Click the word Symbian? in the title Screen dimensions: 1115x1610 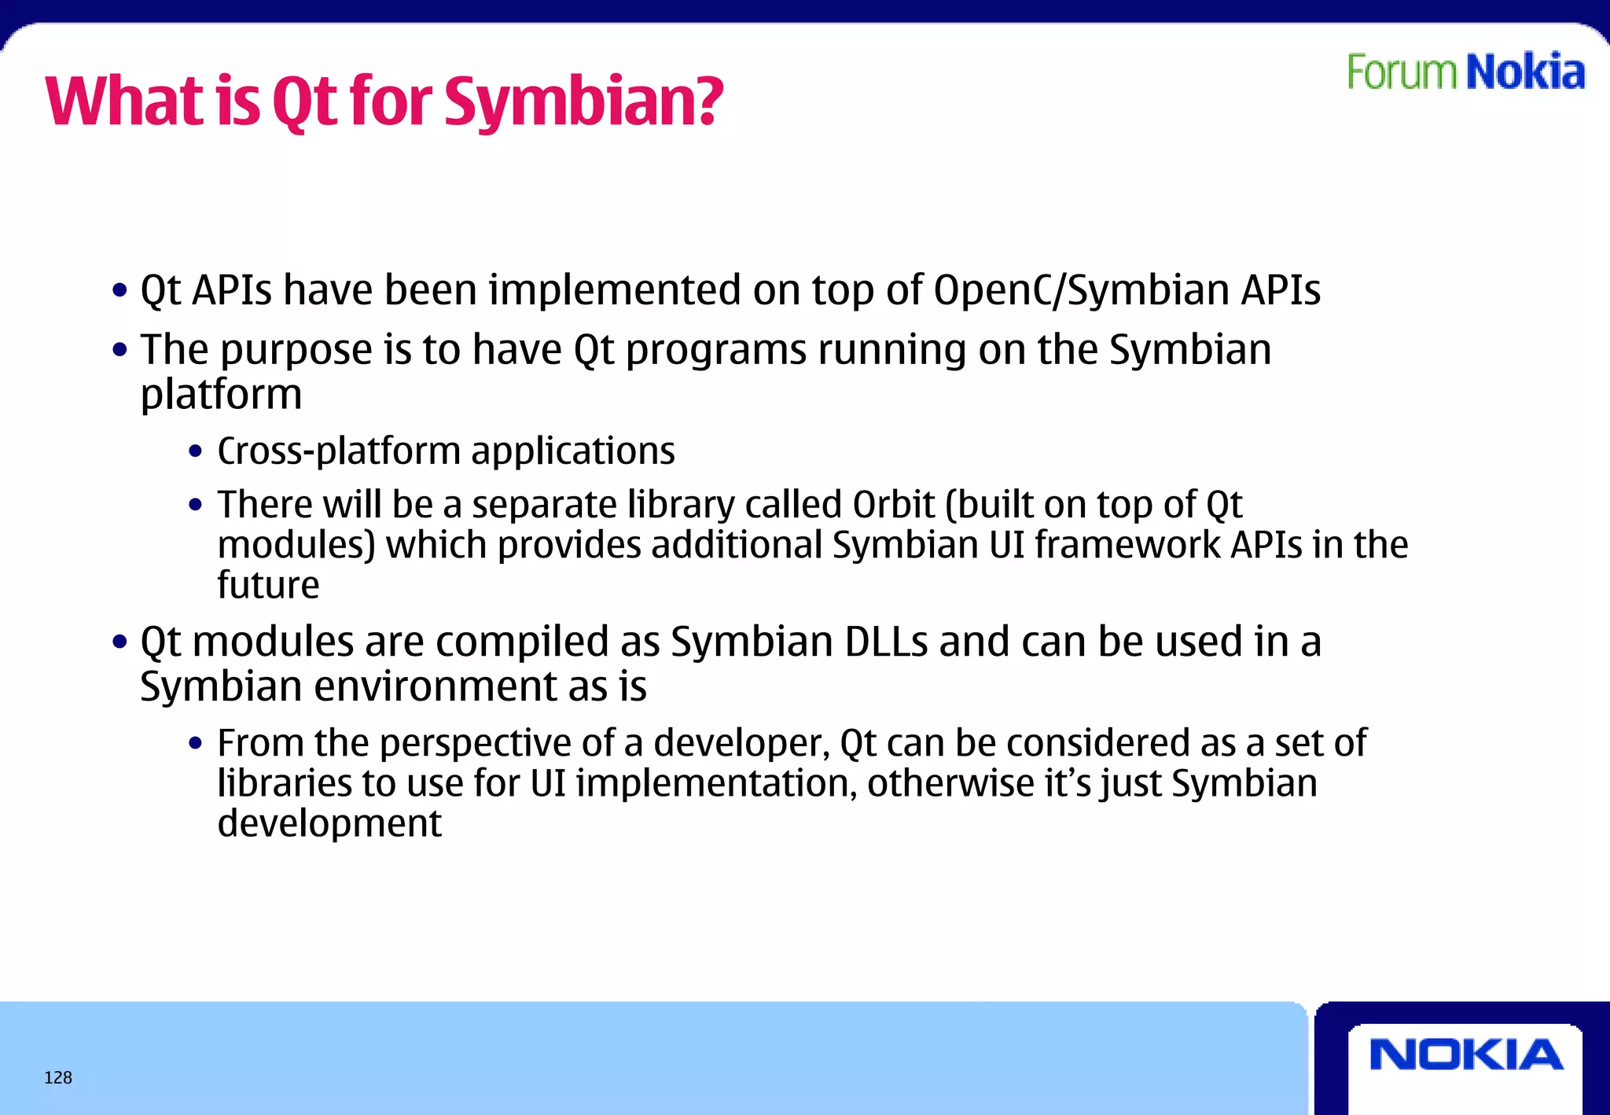pos(583,102)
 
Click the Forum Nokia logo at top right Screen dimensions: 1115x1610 pos(1465,72)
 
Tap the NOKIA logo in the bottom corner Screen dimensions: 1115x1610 pos(1466,1055)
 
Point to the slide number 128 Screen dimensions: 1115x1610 pos(58,1078)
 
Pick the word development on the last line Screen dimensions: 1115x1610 pos(329,823)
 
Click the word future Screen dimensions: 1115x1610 pos(268,586)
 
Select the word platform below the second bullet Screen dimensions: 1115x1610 pos(221,395)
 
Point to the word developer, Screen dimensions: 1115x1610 pos(742,743)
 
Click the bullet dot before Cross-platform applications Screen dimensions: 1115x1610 pos(196,452)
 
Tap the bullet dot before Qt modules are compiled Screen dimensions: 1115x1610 pos(119,642)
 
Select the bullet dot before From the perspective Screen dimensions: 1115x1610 pos(196,744)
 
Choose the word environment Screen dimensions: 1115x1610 pos(436,686)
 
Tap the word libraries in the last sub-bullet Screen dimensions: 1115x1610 pos(285,783)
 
